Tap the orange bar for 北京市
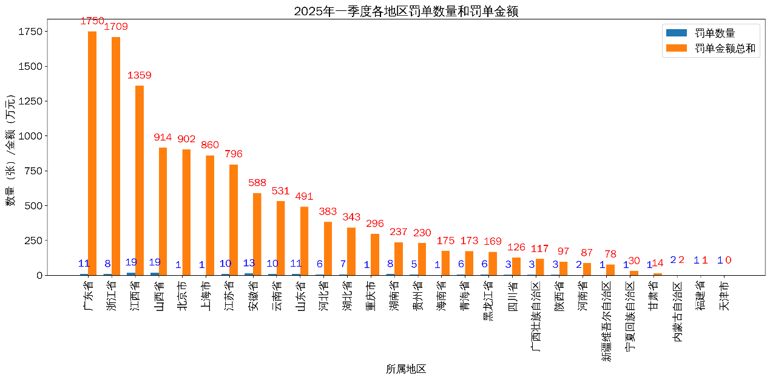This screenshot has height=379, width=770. point(186,212)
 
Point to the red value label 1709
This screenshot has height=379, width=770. point(116,27)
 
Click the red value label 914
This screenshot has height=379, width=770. point(163,137)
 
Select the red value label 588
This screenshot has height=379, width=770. point(257,183)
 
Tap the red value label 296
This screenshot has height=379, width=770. point(375,224)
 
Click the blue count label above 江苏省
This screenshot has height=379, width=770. point(225,264)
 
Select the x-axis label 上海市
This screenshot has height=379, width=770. point(206,296)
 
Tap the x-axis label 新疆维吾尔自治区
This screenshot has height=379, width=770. point(607,321)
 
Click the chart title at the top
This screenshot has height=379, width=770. point(406,11)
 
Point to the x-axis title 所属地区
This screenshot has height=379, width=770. point(406,369)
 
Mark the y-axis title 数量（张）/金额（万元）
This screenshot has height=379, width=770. point(11,151)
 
